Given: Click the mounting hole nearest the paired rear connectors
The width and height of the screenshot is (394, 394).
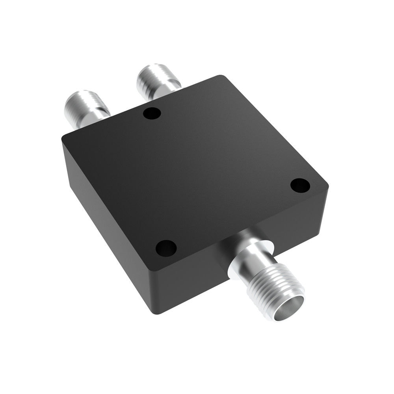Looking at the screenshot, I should pyautogui.click(x=152, y=114).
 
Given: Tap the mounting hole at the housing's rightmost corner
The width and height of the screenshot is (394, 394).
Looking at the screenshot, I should pyautogui.click(x=300, y=184).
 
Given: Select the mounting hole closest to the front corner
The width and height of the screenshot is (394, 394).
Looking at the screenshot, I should pyautogui.click(x=166, y=248).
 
